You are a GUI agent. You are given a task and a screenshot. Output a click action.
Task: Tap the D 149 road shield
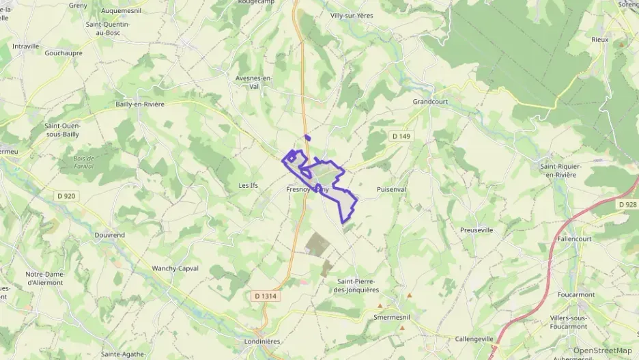point(401,137)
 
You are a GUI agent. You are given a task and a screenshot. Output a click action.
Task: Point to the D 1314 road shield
point(265,296)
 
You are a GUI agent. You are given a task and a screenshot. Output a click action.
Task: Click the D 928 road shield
point(627,204)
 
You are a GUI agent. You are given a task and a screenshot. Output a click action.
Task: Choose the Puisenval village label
point(391,189)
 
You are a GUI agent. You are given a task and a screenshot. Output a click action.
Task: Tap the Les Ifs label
point(248,185)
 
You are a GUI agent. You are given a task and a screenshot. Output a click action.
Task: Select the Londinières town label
point(263,341)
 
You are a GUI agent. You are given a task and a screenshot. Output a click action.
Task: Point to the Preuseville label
point(477,230)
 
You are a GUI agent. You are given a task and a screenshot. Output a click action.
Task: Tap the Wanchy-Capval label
point(175,268)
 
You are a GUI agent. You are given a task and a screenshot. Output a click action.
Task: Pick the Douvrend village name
point(109,234)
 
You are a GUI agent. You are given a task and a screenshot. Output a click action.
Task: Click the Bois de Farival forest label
point(85,163)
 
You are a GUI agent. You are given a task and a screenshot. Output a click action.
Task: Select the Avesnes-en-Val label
point(253,82)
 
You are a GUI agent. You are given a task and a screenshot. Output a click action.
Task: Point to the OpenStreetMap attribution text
point(602,350)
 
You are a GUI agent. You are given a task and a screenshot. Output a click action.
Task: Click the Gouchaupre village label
point(63,53)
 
